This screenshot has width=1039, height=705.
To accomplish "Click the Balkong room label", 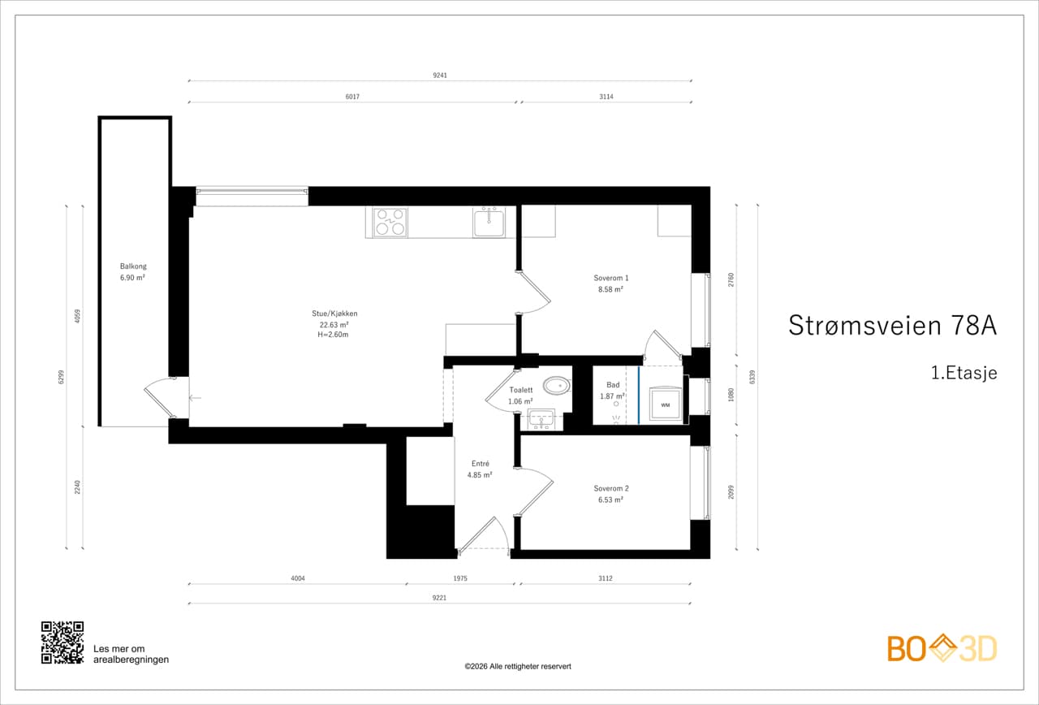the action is coord(133,266).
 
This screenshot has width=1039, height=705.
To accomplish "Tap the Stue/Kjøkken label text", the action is coord(334,314).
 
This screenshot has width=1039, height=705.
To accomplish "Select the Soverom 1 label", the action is coord(611,278).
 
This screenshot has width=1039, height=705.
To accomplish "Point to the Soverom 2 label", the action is coord(611,488).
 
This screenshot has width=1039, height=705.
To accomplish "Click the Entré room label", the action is coord(480,464).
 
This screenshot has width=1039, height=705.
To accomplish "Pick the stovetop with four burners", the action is coord(390,222).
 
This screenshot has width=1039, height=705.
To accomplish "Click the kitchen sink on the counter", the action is coord(489,223).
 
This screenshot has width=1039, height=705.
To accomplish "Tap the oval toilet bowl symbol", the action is coord(557,386).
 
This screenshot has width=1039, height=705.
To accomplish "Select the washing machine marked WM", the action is coord(665,404).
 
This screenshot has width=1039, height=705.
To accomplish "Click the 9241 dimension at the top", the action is coord(440,76).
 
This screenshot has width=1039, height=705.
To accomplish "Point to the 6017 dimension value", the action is coord(352,97).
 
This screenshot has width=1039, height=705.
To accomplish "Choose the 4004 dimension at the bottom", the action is coord(298,578).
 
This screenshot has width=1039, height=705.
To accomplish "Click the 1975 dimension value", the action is coord(460,578).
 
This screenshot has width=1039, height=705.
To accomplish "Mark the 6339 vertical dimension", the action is coord(752,377).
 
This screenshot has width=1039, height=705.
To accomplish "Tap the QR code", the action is coord(63,642).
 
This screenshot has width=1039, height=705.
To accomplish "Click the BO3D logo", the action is coord(942,648).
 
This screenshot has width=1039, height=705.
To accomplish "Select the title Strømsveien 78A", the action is coord(892,326).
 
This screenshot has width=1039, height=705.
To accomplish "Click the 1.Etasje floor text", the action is coord(964,373).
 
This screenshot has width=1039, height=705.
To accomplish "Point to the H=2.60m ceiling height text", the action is coord(333,335).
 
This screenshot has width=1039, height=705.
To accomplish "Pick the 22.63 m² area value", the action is coord(334,324).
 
